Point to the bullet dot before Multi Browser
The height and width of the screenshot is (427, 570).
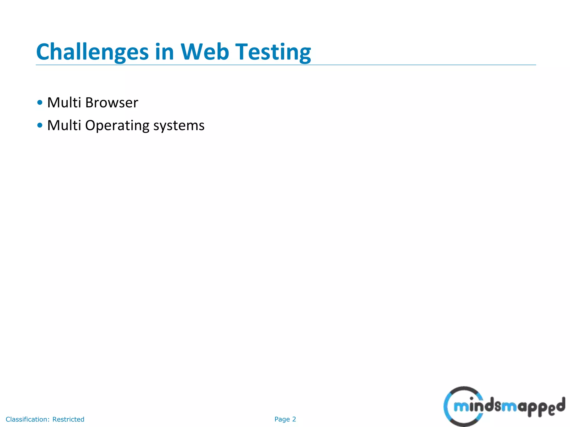click(40, 103)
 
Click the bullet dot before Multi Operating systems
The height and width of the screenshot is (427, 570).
click(40, 125)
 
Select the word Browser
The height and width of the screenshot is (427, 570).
click(112, 103)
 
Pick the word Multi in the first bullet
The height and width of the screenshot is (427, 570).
click(64, 103)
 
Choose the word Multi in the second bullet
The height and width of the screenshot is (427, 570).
click(64, 125)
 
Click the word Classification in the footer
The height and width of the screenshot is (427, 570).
click(28, 419)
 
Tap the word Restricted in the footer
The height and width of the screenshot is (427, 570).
click(68, 419)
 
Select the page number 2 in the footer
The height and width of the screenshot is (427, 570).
click(294, 419)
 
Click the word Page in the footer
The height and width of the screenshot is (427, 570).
click(282, 419)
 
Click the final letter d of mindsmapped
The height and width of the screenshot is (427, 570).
click(561, 406)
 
